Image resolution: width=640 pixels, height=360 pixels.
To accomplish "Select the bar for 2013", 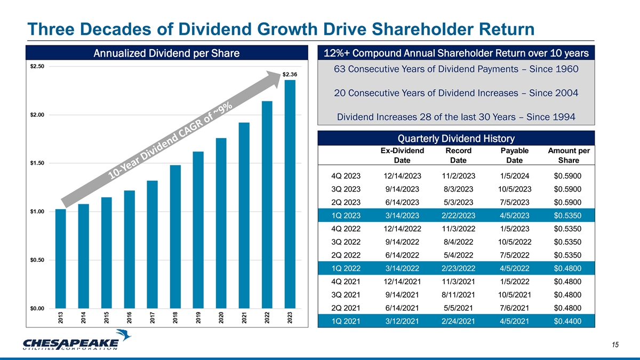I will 61,259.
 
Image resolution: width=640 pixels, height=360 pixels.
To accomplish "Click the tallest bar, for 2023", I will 290,195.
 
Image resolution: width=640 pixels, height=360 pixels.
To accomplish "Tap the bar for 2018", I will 175,237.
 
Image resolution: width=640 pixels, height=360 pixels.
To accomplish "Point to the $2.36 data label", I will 290,74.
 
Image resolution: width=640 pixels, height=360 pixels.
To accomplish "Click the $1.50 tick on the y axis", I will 37,163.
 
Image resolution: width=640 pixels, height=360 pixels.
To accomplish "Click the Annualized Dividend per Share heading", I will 166,53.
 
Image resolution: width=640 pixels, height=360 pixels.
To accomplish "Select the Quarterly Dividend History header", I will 455,139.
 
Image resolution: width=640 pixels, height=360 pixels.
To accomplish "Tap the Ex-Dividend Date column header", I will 403,155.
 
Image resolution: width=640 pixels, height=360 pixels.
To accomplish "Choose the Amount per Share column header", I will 568,155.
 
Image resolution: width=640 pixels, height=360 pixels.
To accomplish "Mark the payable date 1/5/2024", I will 511,175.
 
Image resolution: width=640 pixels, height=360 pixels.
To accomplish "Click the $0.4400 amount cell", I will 568,321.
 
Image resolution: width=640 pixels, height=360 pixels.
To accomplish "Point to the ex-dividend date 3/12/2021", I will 403,321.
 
